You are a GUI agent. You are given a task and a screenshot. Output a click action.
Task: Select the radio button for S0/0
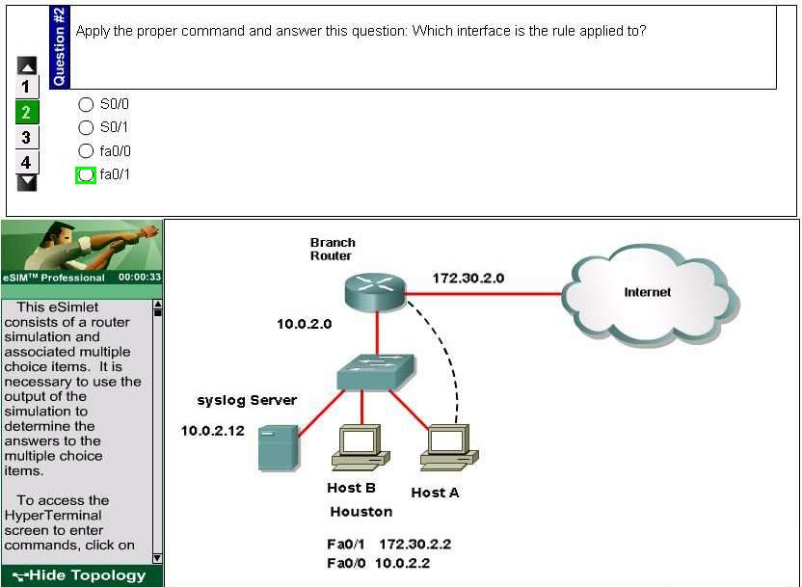tap(86, 104)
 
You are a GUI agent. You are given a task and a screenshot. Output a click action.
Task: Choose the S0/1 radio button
tap(86, 127)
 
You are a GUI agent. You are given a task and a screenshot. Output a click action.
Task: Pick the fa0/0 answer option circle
tap(86, 150)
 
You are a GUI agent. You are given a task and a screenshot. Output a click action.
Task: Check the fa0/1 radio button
tap(86, 174)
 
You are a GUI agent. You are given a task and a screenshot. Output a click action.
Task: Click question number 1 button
tap(27, 87)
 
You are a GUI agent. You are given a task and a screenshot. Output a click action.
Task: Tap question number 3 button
tap(27, 137)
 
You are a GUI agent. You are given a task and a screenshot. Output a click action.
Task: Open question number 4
tap(27, 163)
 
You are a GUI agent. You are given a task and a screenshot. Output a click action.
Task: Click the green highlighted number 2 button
tap(27, 112)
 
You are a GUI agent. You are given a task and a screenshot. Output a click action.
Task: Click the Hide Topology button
tap(82, 575)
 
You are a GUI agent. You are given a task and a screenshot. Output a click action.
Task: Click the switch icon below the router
tap(376, 372)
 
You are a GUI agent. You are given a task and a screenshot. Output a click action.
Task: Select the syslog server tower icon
tap(279, 447)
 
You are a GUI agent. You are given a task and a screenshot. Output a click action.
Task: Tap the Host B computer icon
tap(361, 447)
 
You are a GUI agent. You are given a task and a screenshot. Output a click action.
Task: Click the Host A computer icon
tap(449, 447)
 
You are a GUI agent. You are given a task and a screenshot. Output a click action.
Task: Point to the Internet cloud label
tap(647, 292)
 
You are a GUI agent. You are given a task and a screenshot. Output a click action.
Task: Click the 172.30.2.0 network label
tap(468, 279)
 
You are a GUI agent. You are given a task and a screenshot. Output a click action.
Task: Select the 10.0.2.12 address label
tap(213, 431)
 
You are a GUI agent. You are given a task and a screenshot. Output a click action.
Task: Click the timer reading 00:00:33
tap(140, 278)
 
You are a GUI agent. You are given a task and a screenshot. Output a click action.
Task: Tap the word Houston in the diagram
tap(361, 512)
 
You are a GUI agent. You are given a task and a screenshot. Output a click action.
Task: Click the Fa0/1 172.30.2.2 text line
tap(389, 544)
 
